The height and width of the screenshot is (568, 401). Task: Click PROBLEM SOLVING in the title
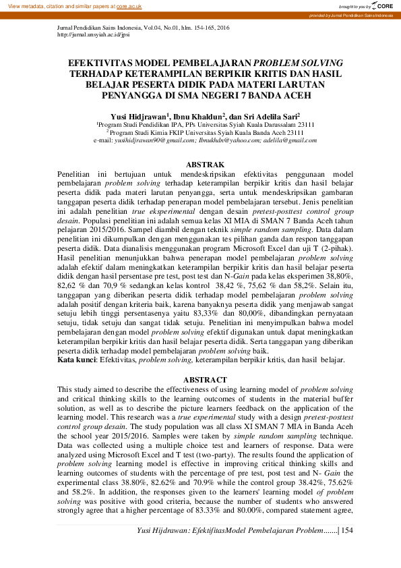[298, 61]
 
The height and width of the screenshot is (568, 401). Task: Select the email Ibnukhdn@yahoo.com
[226, 140]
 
